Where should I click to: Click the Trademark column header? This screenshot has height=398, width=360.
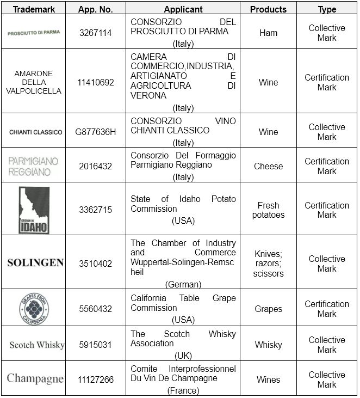(34, 9)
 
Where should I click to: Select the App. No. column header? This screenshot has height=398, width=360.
(95, 9)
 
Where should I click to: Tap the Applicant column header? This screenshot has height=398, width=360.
(183, 9)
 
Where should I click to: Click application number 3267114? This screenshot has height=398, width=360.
(95, 33)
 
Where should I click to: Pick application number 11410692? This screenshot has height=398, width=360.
(96, 83)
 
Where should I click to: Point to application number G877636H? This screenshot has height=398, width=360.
(96, 132)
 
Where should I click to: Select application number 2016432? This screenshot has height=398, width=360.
(96, 167)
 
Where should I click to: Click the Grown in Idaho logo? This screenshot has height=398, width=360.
(33, 210)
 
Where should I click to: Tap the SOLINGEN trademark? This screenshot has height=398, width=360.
(35, 263)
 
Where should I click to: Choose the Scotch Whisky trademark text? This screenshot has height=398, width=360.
(37, 345)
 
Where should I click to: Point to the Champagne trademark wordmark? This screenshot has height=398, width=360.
(35, 379)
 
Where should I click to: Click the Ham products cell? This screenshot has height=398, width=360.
(268, 33)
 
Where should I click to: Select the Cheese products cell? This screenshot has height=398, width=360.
(268, 167)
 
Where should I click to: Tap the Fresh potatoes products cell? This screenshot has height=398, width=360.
(268, 210)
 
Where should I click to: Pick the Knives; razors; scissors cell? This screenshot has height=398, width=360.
(268, 264)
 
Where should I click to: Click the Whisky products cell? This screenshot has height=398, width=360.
(268, 345)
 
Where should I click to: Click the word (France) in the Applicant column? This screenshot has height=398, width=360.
(183, 390)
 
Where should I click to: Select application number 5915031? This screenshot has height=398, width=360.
(96, 345)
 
